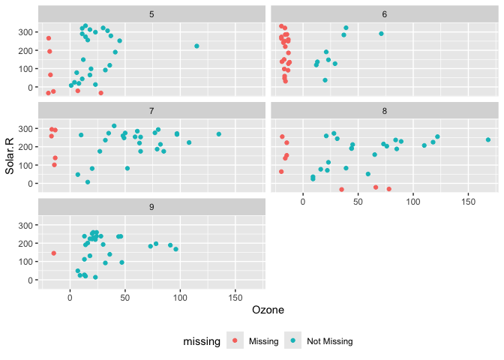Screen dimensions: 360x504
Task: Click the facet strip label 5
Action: (152, 14)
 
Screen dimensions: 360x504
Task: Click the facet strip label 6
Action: (384, 14)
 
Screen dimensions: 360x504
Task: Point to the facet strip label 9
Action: (152, 207)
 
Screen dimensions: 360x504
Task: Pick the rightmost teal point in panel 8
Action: (488, 139)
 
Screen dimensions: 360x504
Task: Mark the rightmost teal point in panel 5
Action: (196, 46)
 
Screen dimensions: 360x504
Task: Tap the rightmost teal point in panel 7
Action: (219, 134)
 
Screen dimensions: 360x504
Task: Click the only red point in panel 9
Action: (54, 253)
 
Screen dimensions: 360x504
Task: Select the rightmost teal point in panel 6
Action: (381, 34)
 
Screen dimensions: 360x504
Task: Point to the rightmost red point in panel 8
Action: (389, 189)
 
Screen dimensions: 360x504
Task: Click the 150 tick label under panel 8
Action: (468, 202)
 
